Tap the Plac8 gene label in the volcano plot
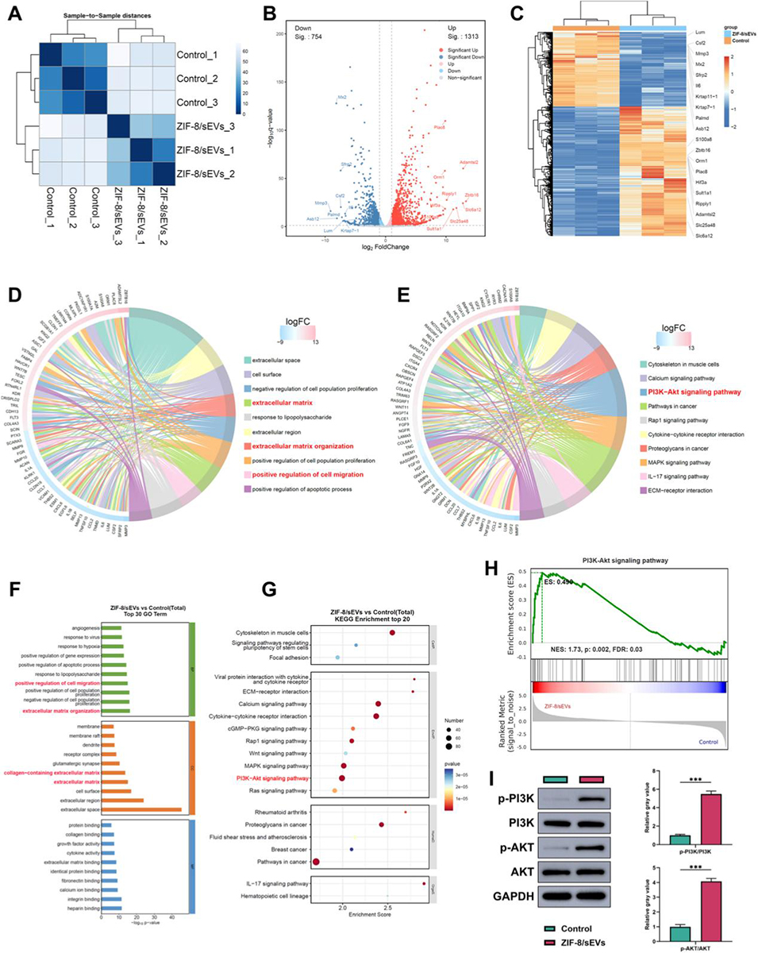pyautogui.click(x=439, y=127)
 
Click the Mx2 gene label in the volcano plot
pyautogui.click(x=342, y=97)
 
